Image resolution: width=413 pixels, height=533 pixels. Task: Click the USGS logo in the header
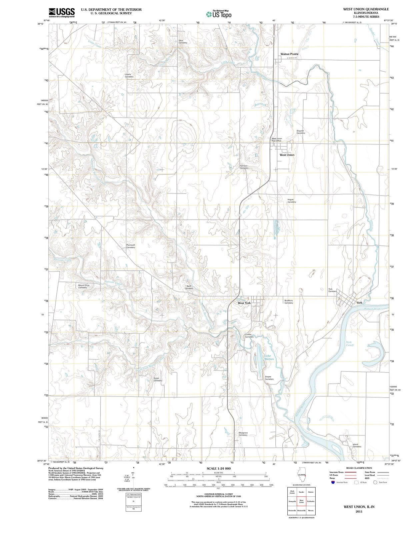click(x=62, y=12)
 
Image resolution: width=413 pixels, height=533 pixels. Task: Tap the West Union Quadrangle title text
click(x=366, y=9)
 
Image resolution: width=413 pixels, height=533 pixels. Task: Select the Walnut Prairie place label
click(x=289, y=54)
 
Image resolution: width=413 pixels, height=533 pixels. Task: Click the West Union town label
click(x=287, y=155)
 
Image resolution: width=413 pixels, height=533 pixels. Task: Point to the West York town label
click(x=244, y=303)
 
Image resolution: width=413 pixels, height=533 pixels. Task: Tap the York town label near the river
click(x=359, y=302)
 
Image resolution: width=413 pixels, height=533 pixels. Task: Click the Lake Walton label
click(x=269, y=357)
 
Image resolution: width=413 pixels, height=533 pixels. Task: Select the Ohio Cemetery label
click(x=183, y=42)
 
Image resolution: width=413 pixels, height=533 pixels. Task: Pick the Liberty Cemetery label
click(x=129, y=76)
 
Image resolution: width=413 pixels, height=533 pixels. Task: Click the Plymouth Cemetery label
click(x=131, y=246)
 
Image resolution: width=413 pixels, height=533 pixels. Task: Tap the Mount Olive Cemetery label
click(x=84, y=286)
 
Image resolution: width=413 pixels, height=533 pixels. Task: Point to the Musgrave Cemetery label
click(x=243, y=434)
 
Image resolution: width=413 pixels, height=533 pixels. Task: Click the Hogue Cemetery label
click(x=292, y=201)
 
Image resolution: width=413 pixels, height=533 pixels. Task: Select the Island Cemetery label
click(x=356, y=445)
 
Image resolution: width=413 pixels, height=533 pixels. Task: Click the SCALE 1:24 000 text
click(x=218, y=468)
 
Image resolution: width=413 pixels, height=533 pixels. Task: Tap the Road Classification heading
click(x=359, y=468)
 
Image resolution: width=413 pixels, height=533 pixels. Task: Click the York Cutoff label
click(x=349, y=343)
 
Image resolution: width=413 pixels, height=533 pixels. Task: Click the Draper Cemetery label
click(x=269, y=378)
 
